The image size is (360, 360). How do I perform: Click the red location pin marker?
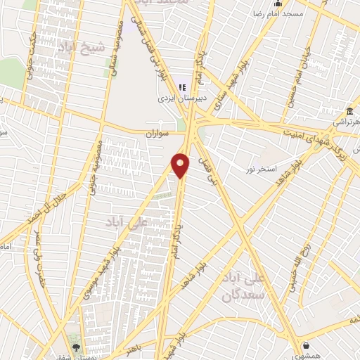[181, 165]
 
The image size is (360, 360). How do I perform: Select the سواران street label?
[160, 133]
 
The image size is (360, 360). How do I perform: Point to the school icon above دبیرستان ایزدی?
[182, 88]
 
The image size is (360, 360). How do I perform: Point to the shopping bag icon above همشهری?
[307, 345]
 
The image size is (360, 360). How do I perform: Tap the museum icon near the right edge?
[350, 111]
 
